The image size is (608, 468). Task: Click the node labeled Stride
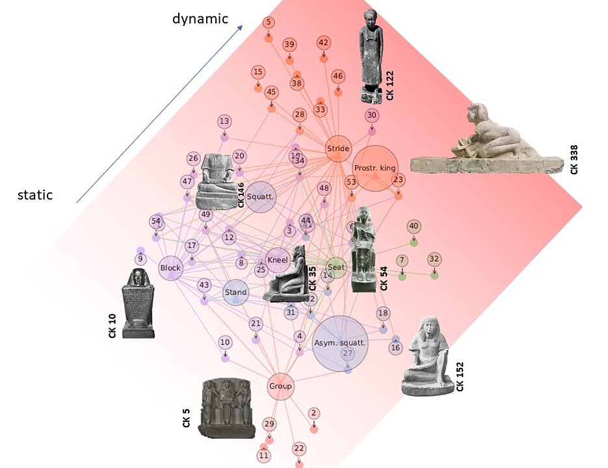tap(338, 149)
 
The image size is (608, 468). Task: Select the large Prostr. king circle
tap(375, 168)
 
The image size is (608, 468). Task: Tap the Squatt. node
tap(261, 197)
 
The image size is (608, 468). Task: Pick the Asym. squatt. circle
tap(340, 343)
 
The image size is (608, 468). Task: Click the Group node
tap(280, 386)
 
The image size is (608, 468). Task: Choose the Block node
tap(170, 267)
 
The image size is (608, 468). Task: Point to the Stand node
tap(235, 292)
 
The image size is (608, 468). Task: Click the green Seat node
tap(336, 267)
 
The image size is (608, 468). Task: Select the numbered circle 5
tap(268, 23)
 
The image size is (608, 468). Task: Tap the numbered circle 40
tap(414, 226)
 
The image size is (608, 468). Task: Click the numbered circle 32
tap(434, 259)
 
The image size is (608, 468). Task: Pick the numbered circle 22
tap(299, 448)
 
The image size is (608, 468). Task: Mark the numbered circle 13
tap(224, 121)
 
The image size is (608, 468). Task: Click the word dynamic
tap(200, 19)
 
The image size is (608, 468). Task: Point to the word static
tap(35, 195)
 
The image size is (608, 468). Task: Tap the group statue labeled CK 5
tap(226, 409)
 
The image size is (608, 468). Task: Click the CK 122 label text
tap(390, 85)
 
